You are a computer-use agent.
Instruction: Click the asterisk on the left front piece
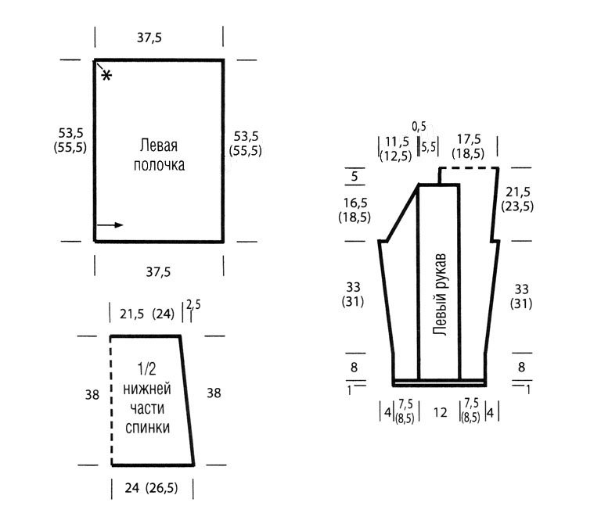pos(106,75)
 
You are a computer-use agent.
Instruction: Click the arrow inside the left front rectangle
pos(110,224)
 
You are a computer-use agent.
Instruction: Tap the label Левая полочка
pos(159,155)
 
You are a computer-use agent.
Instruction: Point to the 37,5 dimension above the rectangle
pos(149,38)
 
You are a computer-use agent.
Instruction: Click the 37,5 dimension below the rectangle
pos(158,272)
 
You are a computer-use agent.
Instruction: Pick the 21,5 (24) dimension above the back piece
pos(147,314)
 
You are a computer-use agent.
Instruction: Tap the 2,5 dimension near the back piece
pos(193,304)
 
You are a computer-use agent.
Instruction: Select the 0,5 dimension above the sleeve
pos(419,126)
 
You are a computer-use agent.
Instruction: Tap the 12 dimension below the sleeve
pos(441,412)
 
